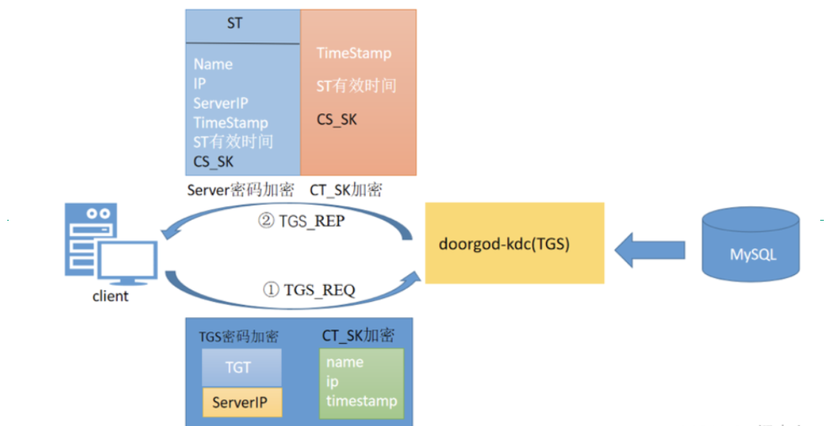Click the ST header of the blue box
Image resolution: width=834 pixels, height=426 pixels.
[x=234, y=24]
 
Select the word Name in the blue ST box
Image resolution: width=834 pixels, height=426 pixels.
[x=213, y=65]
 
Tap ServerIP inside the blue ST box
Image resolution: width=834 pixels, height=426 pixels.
[x=221, y=104]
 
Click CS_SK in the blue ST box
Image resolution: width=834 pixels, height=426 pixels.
[x=213, y=162]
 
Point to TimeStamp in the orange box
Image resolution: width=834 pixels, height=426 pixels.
[x=353, y=54]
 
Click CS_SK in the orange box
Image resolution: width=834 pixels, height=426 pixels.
[x=337, y=120]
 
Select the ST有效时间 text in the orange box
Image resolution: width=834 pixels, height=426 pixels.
[x=356, y=86]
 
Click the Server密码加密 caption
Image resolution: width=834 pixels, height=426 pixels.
[x=240, y=191]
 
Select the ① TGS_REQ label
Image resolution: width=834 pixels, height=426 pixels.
[x=308, y=290]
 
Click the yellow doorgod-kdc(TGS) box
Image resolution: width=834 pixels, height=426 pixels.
[x=514, y=243]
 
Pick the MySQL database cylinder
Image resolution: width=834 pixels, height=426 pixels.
[x=751, y=244]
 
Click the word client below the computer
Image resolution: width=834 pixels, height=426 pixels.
[x=110, y=296]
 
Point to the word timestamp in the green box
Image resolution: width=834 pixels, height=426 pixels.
[x=361, y=401]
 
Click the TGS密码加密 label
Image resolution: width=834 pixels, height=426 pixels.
[x=238, y=337]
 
